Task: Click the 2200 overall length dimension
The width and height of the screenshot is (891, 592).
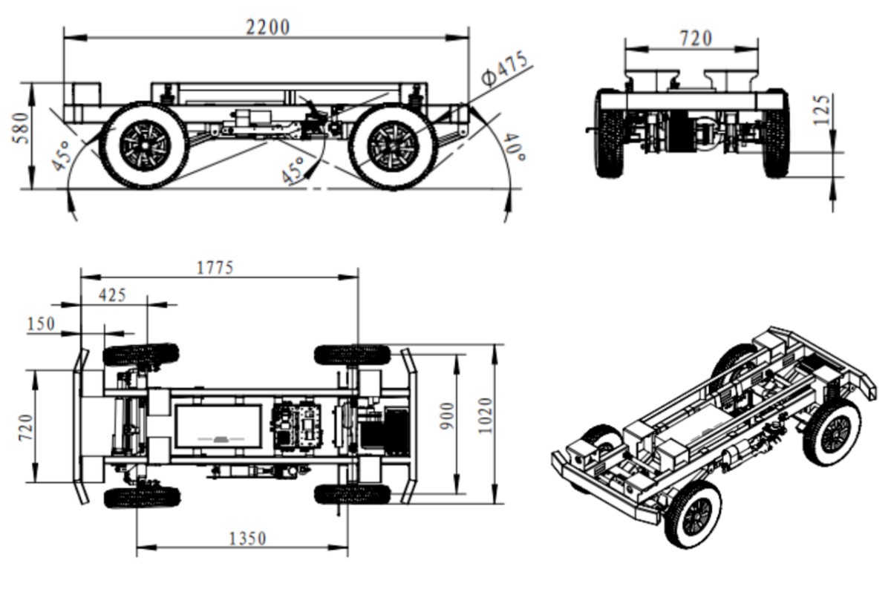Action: coord(267,27)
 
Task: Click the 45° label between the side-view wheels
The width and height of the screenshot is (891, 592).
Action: coord(294,170)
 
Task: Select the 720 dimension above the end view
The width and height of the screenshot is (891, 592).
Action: coord(695,38)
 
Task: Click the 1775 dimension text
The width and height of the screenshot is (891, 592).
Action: coord(215,267)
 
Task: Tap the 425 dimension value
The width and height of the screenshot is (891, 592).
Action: coord(112,295)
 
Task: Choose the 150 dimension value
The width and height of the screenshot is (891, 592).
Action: coord(41,324)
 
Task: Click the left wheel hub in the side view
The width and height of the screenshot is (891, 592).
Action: coord(144,145)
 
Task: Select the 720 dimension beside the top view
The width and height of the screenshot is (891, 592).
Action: coord(25,427)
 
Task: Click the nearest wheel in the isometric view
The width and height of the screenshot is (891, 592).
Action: coord(693,515)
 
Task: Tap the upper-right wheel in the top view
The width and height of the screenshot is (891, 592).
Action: coord(352,354)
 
